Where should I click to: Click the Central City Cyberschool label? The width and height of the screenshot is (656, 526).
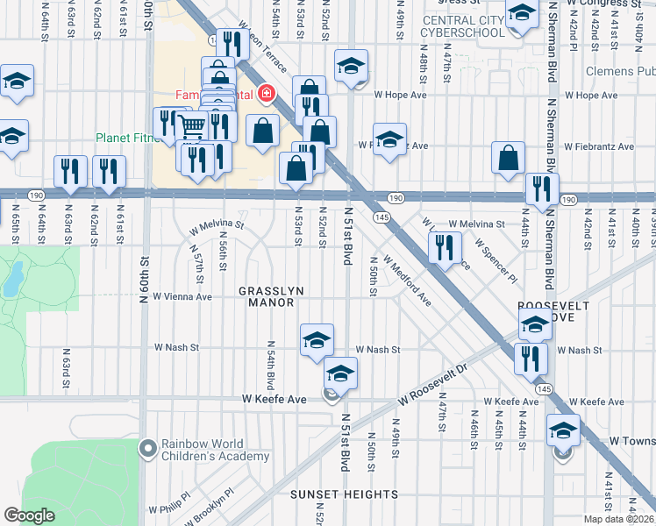(x=463, y=26)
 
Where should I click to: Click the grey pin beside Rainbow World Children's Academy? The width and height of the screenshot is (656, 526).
(x=148, y=448)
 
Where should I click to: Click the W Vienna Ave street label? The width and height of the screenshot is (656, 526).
(x=182, y=296)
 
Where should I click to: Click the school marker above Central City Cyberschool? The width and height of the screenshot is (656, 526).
(x=523, y=12)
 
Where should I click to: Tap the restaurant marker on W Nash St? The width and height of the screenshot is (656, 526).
(x=531, y=357)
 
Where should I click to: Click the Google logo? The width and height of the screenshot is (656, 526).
(x=29, y=515)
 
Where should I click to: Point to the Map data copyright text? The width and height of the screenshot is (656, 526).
(x=618, y=519)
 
